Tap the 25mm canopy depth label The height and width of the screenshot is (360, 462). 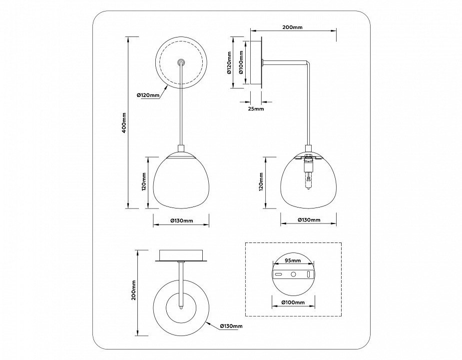point(256,108)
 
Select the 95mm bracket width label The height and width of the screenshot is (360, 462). point(293,260)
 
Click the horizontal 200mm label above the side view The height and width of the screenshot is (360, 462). point(292,27)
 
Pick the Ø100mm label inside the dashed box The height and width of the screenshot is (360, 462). point(293,302)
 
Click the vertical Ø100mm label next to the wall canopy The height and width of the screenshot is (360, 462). point(241,62)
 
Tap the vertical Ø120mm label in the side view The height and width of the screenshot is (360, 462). point(230,62)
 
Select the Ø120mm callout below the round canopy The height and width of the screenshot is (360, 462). point(148,95)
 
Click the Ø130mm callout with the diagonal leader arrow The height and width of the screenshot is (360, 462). point(231,326)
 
